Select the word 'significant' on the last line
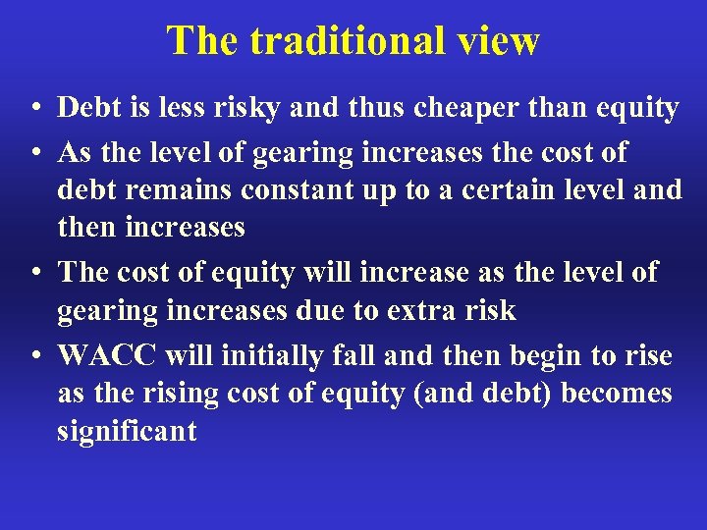point(127,431)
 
